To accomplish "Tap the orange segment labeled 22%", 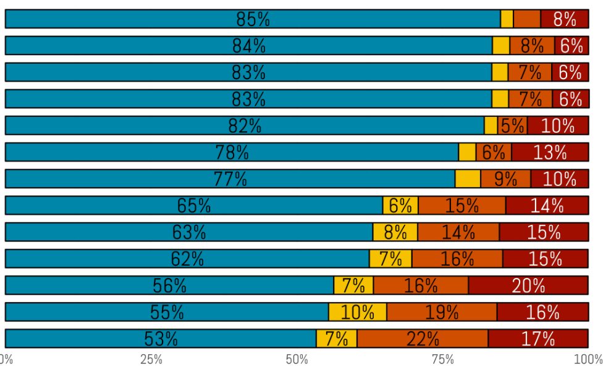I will click(423, 339).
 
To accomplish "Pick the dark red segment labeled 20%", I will click(528, 286).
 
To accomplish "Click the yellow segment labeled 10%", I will click(358, 312).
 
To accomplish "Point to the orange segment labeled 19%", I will click(442, 312).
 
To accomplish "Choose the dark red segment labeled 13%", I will click(550, 152).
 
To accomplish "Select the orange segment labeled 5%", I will click(512, 125).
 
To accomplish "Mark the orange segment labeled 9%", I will click(505, 179).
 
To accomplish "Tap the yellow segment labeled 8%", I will click(395, 232).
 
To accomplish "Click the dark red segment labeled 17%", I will click(538, 339).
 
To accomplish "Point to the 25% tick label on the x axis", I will click(151, 360).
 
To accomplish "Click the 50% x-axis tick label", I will click(297, 360).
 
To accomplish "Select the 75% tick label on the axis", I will click(443, 360).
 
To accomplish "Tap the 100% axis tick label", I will click(588, 360).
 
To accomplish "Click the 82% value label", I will click(245, 126).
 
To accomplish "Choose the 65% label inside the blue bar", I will click(194, 206).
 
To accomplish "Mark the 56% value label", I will click(169, 286).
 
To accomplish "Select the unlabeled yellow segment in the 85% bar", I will click(507, 19).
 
